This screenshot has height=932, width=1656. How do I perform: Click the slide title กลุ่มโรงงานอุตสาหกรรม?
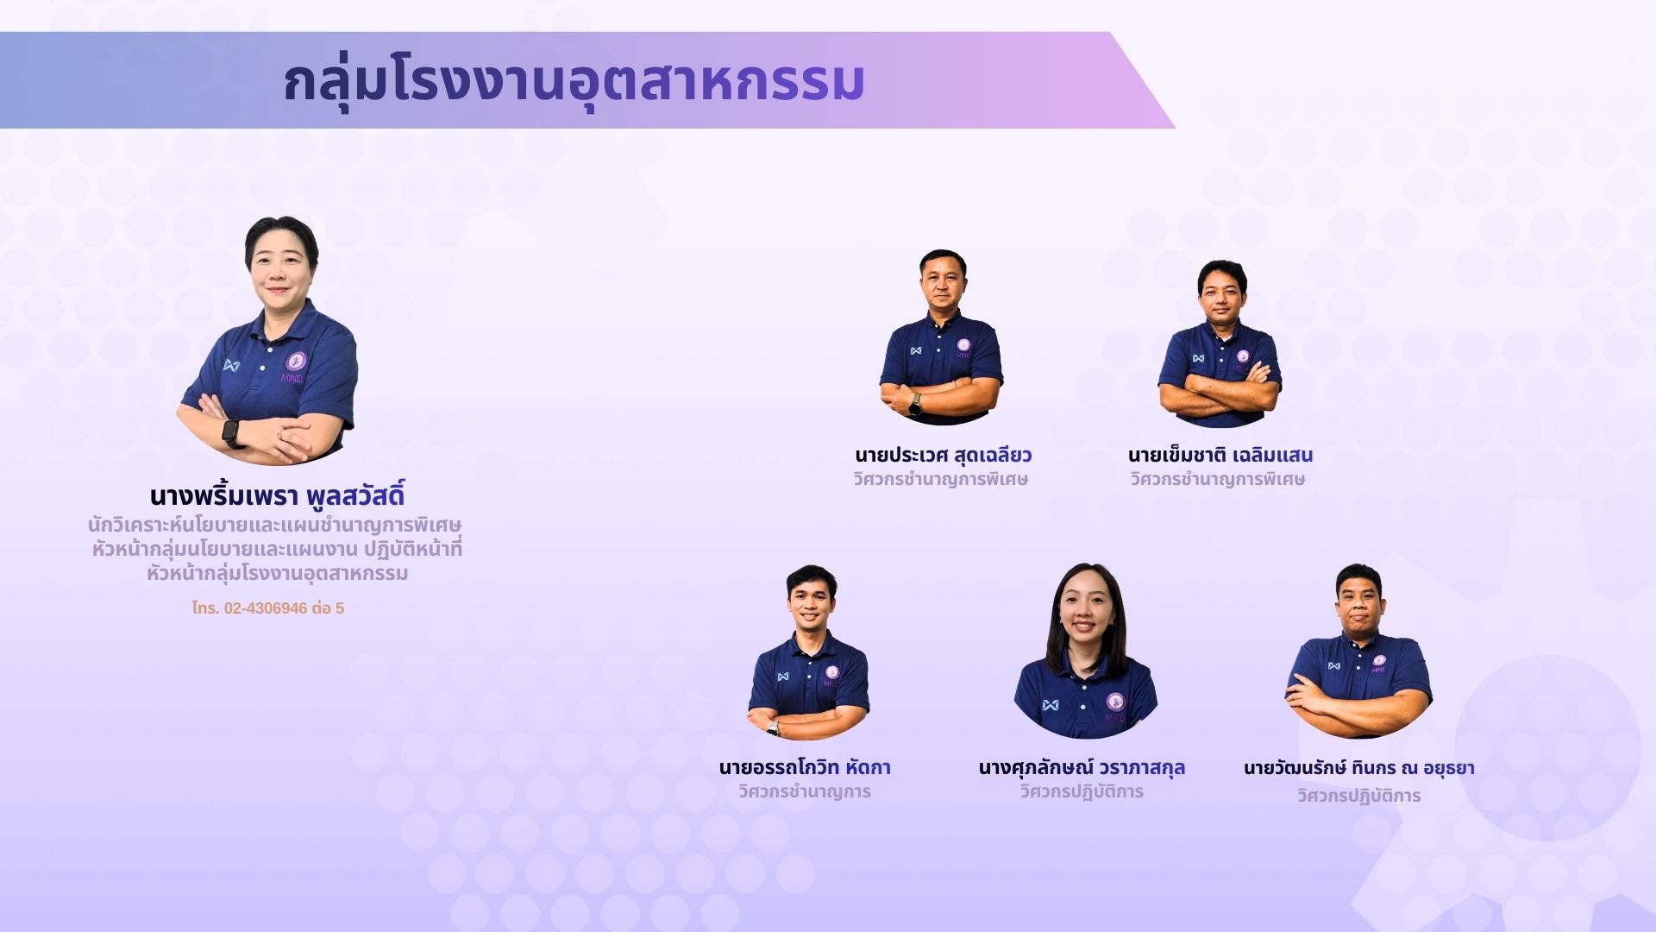574,82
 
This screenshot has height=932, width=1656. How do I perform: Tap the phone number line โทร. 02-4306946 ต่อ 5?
268,608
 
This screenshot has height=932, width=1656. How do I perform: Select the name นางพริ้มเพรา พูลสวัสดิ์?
277,496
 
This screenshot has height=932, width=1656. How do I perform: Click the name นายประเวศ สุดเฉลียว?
944,455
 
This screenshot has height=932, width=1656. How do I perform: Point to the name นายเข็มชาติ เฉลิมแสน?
1220,455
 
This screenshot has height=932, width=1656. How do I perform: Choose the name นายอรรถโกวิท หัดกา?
805,767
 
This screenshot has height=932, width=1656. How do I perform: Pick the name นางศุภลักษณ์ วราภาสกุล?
1082,767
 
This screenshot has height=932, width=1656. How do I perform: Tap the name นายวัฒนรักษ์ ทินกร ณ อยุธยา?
1359,767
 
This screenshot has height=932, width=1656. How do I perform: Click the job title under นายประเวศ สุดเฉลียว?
941,480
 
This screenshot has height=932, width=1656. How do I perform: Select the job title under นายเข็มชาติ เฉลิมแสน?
1218,480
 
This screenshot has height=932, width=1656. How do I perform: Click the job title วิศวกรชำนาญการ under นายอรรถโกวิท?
805,792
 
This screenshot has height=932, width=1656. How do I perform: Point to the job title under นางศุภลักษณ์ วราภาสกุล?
1082,792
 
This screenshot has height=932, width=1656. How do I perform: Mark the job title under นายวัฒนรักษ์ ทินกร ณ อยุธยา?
1359,796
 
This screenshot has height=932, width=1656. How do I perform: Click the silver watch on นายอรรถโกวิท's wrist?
774,727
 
